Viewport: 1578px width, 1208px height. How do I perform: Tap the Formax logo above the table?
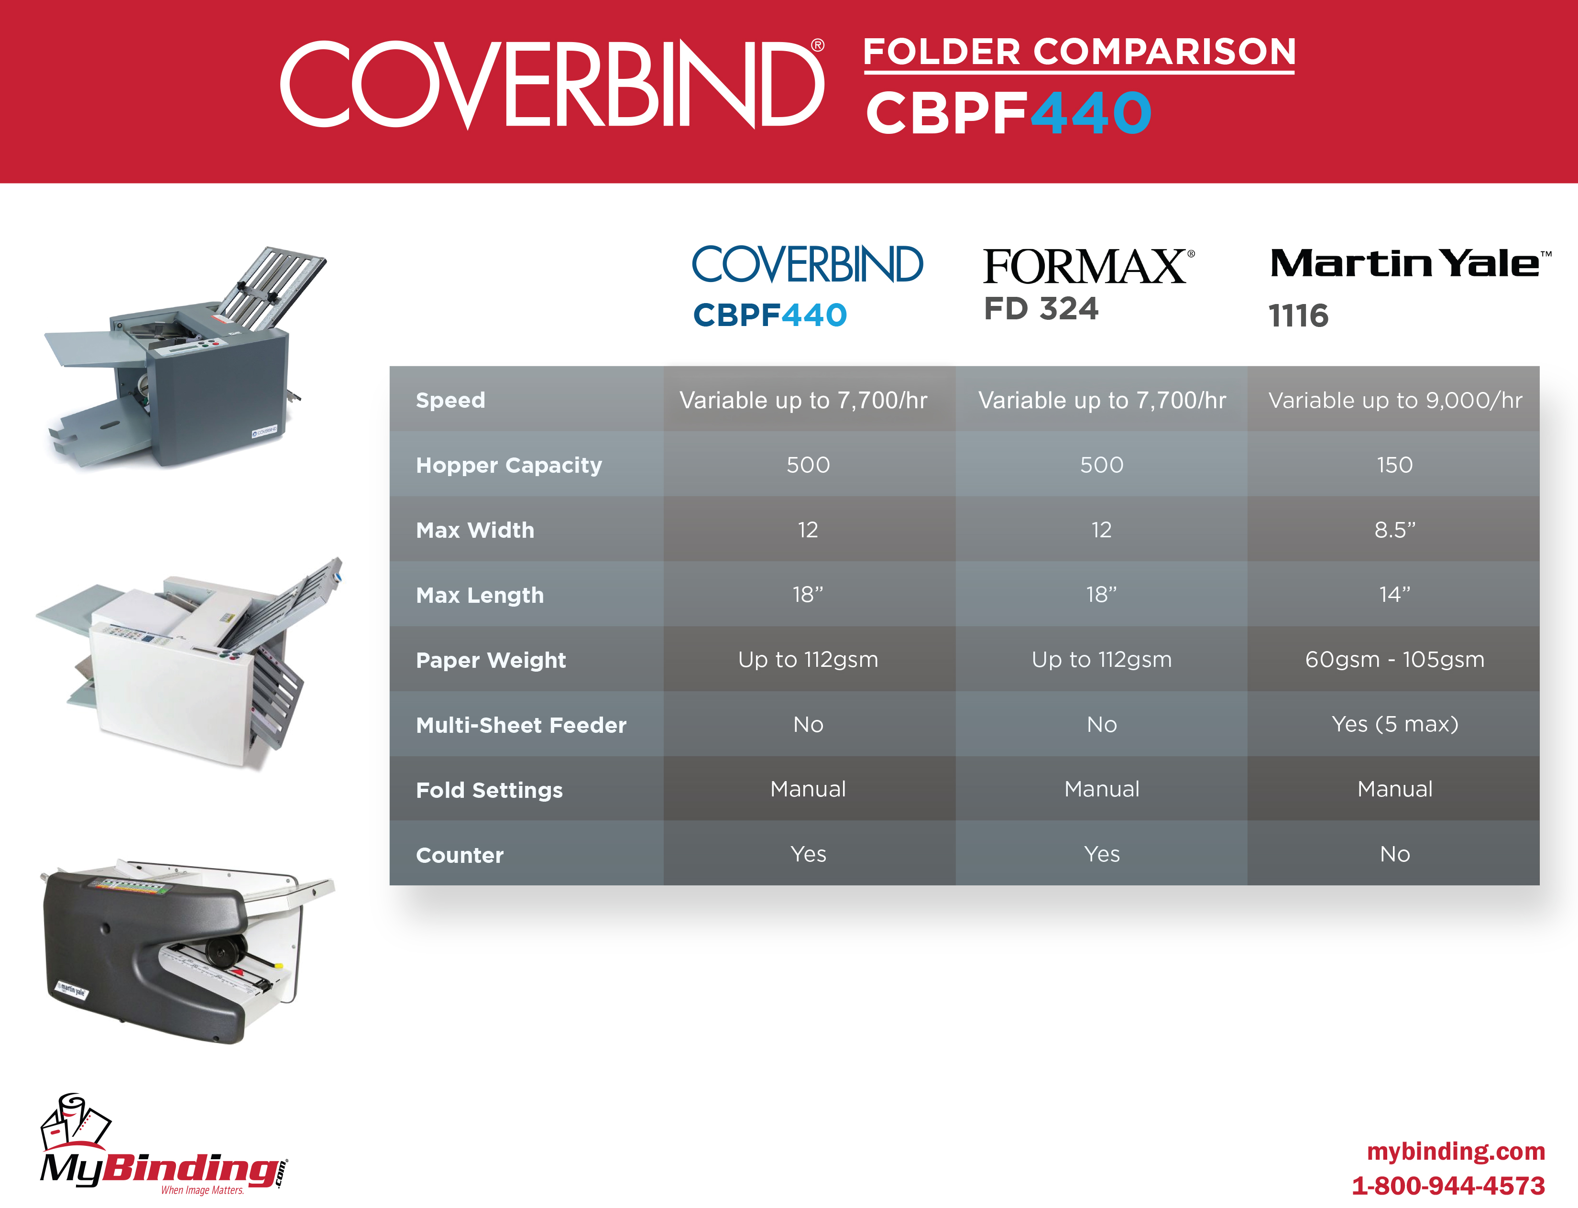tap(1089, 267)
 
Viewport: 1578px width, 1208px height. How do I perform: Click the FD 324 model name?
tap(1041, 308)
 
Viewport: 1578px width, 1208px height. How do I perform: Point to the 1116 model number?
tap(1298, 316)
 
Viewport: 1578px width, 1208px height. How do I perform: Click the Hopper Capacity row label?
tap(508, 465)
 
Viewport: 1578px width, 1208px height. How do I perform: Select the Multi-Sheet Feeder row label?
tap(521, 725)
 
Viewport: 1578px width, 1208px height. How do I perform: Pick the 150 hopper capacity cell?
tap(1394, 465)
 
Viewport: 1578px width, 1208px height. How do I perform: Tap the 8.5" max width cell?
tap(1394, 530)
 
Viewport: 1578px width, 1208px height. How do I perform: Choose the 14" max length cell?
tap(1394, 595)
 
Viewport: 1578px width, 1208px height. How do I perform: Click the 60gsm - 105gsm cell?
tap(1394, 659)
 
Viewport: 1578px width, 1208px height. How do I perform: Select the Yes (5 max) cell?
tap(1394, 724)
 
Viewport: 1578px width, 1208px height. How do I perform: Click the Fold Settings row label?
tap(489, 790)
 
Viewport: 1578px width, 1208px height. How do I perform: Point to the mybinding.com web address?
tap(1456, 1151)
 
